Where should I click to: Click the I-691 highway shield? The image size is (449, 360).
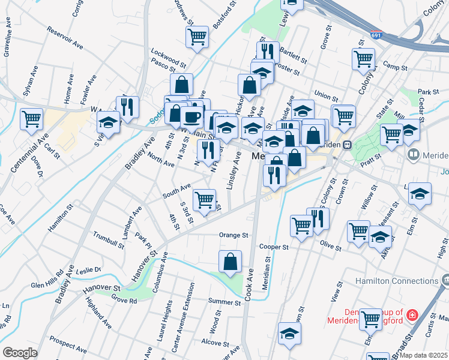376,36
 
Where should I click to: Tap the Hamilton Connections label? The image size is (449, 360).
397,281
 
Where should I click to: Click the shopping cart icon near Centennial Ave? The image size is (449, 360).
31,118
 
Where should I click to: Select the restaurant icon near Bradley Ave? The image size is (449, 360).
127,107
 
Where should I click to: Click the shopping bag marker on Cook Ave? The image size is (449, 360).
231,262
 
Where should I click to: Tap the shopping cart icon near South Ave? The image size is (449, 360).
204,200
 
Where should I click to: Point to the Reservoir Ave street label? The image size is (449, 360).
64,37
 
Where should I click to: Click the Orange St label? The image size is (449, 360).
234,235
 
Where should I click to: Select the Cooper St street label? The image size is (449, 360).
274,247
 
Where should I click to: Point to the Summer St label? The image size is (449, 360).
224,301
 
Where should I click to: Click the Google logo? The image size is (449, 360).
20,353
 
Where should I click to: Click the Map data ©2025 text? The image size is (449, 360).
423,355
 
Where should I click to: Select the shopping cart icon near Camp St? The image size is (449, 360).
364,59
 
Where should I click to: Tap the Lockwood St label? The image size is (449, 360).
169,57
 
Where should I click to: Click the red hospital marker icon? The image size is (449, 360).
412,314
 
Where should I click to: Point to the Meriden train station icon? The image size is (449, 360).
347,145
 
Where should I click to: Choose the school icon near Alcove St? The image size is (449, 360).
289,334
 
